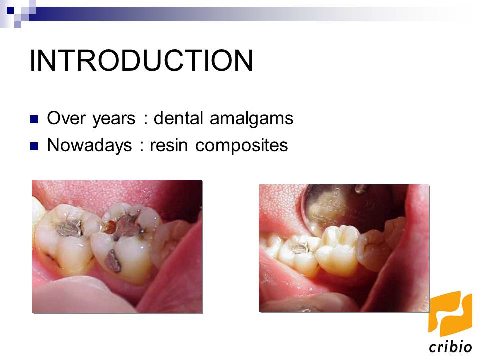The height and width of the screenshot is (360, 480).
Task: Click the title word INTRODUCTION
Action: pyautogui.click(x=141, y=61)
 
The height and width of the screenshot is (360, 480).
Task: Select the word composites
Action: pyautogui.click(x=242, y=145)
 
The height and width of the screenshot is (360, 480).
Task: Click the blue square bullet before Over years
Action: pyautogui.click(x=34, y=120)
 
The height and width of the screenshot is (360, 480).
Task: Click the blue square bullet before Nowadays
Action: pyautogui.click(x=34, y=146)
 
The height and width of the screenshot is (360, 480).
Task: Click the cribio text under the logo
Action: pyautogui.click(x=450, y=346)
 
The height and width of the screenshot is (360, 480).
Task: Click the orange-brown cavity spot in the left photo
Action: pyautogui.click(x=108, y=227)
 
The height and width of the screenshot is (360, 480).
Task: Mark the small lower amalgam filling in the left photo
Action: pyautogui.click(x=113, y=260)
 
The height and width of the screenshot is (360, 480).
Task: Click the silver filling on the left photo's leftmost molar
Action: pyautogui.click(x=68, y=228)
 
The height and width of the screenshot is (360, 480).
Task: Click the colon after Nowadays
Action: pyautogui.click(x=141, y=146)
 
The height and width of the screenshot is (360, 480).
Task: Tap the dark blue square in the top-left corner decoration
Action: pyautogui.click(x=10, y=8)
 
